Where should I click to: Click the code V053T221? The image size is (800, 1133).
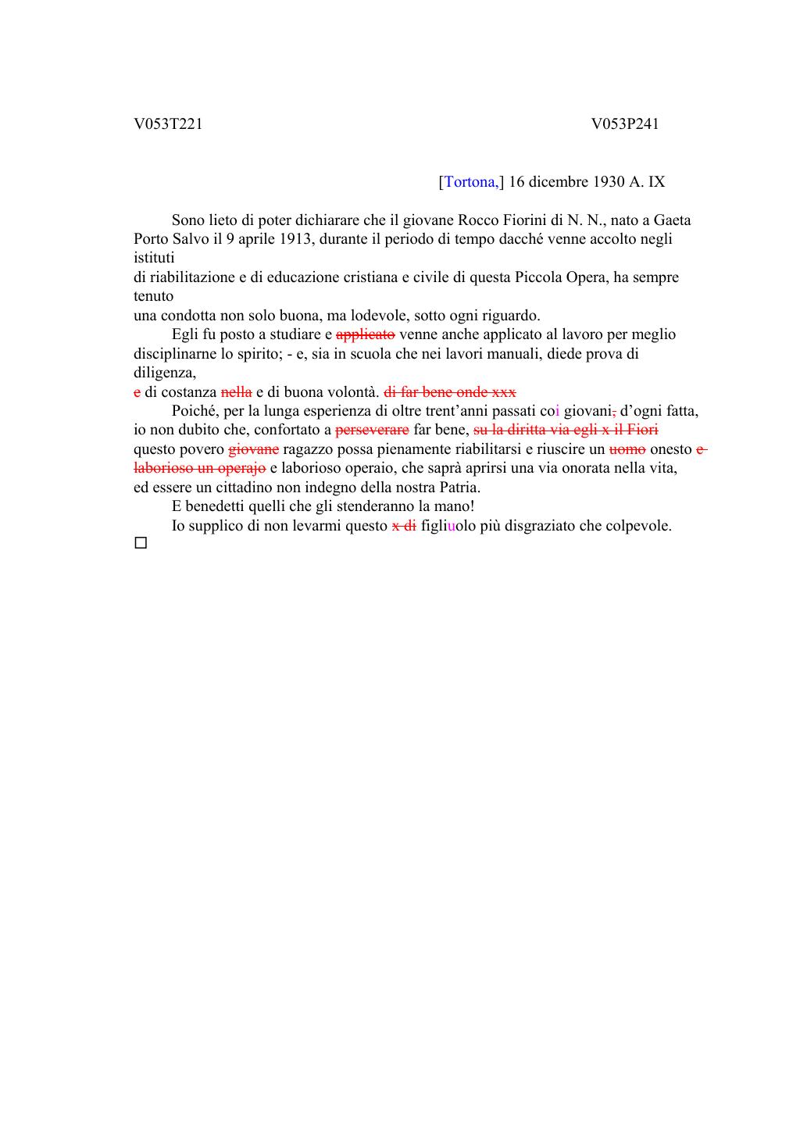(x=168, y=124)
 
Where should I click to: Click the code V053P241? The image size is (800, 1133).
(x=625, y=124)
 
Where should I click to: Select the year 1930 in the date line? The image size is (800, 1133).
(x=609, y=182)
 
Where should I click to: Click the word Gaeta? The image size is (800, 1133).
(x=672, y=220)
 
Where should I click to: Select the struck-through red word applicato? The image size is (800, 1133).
(x=366, y=334)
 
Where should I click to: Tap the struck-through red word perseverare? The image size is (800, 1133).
(x=372, y=430)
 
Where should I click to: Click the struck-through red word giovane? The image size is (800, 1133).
(x=253, y=449)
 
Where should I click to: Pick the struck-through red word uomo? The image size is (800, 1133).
(x=627, y=449)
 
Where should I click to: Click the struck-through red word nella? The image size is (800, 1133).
(x=237, y=392)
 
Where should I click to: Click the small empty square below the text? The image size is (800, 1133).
(x=141, y=542)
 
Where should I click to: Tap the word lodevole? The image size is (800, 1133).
(x=379, y=316)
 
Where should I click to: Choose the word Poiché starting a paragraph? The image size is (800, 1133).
(x=195, y=411)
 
